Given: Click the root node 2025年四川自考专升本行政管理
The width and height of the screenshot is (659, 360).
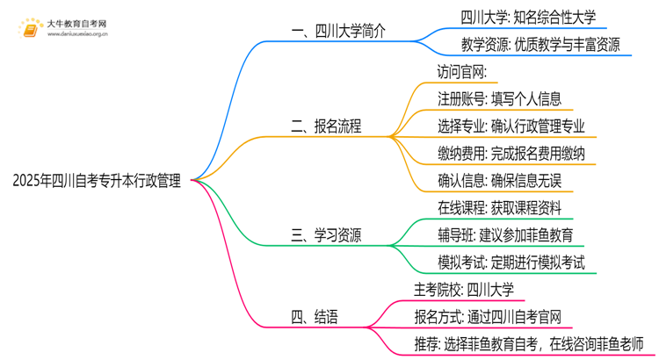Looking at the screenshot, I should coord(98,181).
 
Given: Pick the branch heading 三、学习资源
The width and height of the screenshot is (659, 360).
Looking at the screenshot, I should coord(327,235).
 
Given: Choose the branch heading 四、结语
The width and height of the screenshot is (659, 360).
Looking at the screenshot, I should coord(315,315).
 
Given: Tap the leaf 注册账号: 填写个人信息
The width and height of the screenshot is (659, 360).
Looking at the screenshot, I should coord(499,98).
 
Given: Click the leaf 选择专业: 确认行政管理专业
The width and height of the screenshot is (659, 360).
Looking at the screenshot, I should coord(511,126).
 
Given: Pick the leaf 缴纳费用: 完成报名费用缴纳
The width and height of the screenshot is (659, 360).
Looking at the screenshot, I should coord(511,155).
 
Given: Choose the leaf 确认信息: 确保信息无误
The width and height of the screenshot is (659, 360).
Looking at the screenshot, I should coord(499,182).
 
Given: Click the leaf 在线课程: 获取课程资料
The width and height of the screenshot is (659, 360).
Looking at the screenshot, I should coord(499,209).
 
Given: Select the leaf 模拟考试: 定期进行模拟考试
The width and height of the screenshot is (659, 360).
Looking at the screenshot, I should coord(511,263).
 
